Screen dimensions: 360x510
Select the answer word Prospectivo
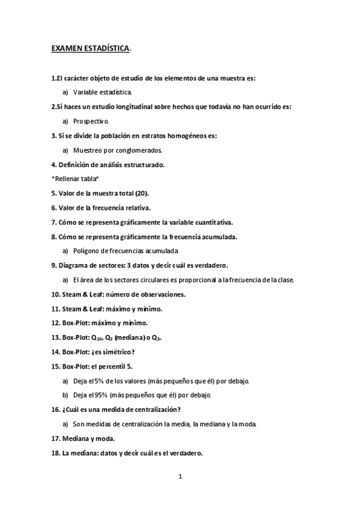[91, 121]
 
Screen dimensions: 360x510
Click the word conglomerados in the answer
[142, 150]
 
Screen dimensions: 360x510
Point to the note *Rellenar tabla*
[75, 179]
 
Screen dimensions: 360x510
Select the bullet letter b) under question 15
[65, 395]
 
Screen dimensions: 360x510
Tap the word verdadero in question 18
[183, 453]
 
